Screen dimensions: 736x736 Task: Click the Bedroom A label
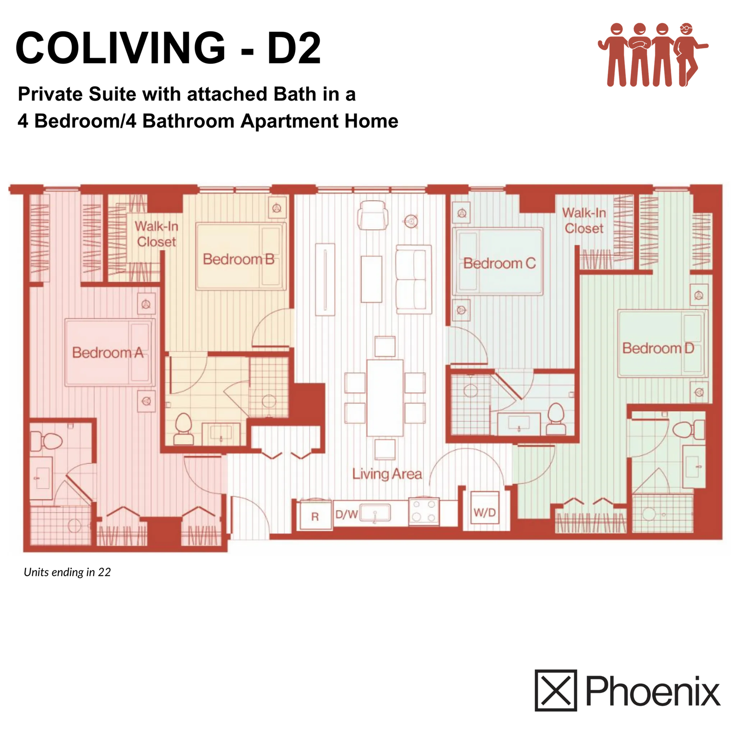pyautogui.click(x=108, y=353)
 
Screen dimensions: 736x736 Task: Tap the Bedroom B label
pyautogui.click(x=239, y=259)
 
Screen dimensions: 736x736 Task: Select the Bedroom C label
pyautogui.click(x=500, y=264)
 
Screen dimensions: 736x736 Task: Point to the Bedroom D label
pyautogui.click(x=658, y=348)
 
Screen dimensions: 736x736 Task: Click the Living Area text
pyautogui.click(x=387, y=474)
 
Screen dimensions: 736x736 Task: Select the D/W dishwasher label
pyautogui.click(x=346, y=515)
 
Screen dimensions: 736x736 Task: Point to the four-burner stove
pyautogui.click(x=424, y=511)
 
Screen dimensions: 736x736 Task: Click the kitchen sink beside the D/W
pyautogui.click(x=374, y=512)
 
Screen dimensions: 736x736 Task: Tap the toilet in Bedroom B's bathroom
pyautogui.click(x=183, y=428)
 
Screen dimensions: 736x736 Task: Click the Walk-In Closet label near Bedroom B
pyautogui.click(x=156, y=234)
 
